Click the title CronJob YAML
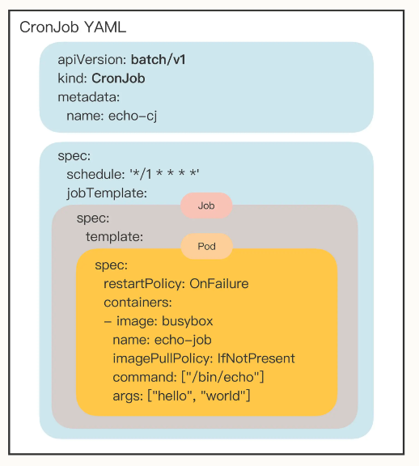tap(73, 28)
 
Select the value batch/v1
tap(159, 59)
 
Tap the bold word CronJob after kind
tap(118, 78)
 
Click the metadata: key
tap(88, 97)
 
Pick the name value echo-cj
tap(133, 116)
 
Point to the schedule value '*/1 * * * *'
tap(164, 174)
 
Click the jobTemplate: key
tap(107, 193)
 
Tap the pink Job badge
tap(206, 205)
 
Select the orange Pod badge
tap(206, 247)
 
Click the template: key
tap(114, 237)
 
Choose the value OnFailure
tap(219, 283)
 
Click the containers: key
tap(138, 303)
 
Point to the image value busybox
tap(188, 321)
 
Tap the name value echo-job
tap(183, 340)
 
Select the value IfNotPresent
tap(256, 358)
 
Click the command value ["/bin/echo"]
tap(222, 377)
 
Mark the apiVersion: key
tap(93, 60)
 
